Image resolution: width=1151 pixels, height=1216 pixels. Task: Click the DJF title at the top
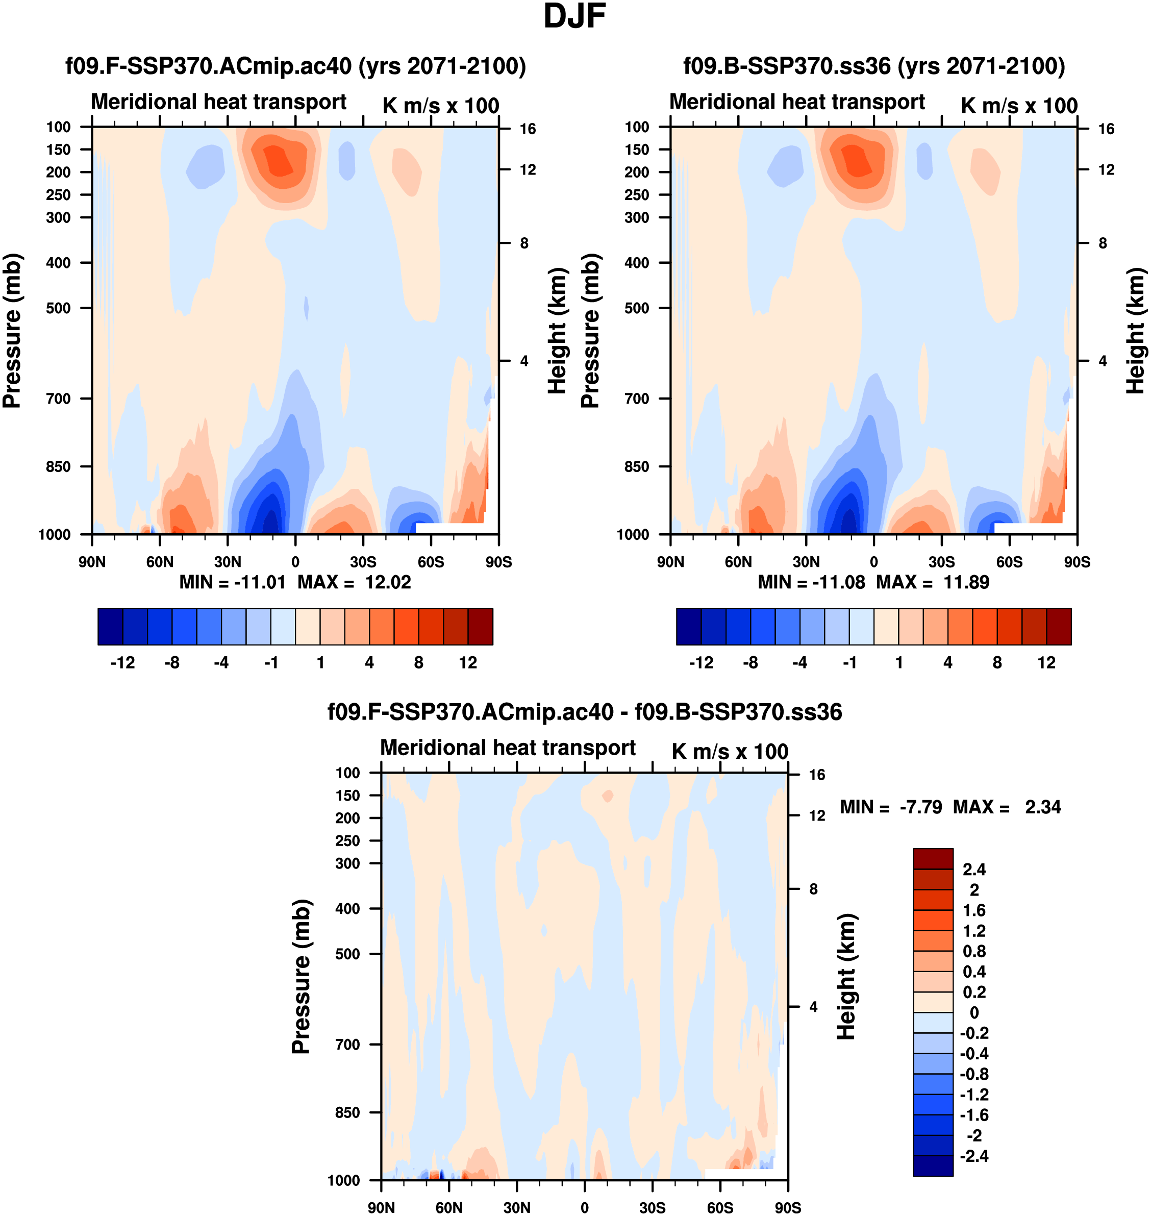(574, 16)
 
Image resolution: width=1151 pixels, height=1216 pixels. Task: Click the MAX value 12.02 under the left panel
(388, 582)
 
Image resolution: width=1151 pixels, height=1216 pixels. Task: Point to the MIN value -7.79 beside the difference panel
(920, 807)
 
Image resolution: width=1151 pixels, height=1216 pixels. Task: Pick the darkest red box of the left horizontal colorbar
(481, 627)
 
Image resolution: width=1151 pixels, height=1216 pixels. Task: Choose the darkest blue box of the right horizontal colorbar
(688, 627)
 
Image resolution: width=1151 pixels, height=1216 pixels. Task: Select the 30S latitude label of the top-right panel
(942, 562)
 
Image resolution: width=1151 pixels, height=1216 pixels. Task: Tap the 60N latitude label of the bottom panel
(449, 1208)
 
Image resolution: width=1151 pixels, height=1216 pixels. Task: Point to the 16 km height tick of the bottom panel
(817, 775)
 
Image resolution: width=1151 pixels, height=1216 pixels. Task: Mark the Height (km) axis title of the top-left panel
(556, 331)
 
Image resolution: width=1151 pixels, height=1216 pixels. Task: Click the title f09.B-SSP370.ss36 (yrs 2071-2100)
(874, 66)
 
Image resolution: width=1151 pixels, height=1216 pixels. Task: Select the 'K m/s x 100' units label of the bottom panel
(730, 752)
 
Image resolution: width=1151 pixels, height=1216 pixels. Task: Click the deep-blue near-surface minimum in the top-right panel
(850, 522)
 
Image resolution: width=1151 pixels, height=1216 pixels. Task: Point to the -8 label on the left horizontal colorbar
(172, 663)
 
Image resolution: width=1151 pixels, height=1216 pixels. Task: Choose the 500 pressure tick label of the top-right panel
(637, 308)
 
